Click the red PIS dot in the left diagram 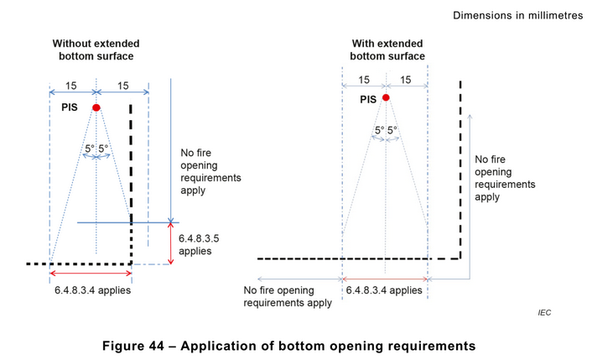(96, 107)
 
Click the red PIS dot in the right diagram (386, 98)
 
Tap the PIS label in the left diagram (70, 108)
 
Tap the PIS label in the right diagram (368, 99)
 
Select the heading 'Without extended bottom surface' (96, 50)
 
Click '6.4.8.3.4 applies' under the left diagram (91, 290)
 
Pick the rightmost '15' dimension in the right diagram (407, 80)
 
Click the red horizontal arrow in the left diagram (91, 274)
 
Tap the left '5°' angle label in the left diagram (89, 149)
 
